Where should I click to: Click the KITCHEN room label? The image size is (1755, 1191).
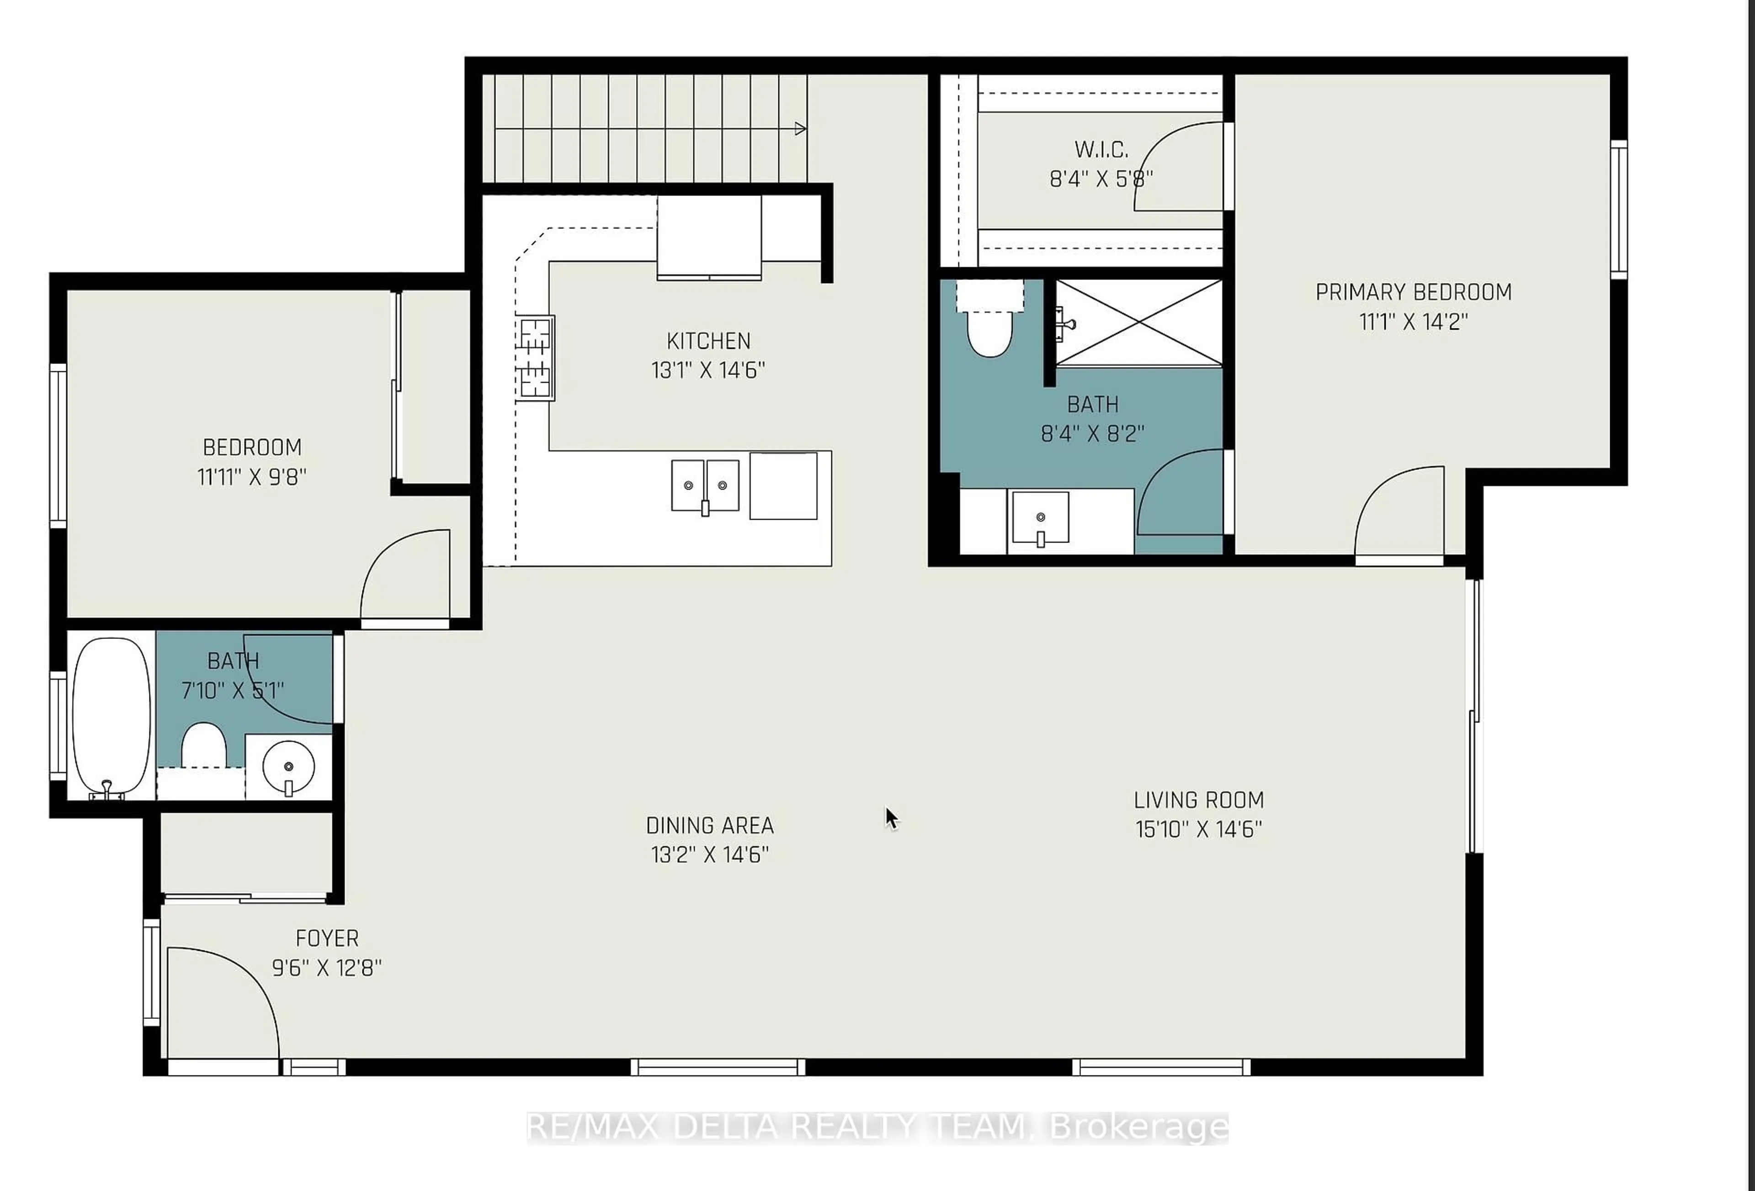(x=708, y=341)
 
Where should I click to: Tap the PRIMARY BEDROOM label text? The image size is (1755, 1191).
(x=1413, y=292)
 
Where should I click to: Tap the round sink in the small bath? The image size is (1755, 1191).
(x=288, y=767)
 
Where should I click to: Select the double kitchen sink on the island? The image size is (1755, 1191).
(x=705, y=486)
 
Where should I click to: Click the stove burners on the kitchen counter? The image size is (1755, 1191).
(x=535, y=358)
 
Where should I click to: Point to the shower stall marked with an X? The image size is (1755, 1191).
(x=1138, y=323)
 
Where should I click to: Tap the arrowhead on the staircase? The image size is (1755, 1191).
(x=800, y=129)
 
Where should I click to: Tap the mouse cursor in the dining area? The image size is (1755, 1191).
(x=891, y=817)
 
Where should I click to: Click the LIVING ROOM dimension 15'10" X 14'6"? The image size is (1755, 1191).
(x=1198, y=829)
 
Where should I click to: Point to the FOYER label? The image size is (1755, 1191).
(x=326, y=938)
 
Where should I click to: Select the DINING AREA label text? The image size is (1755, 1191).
(x=709, y=825)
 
